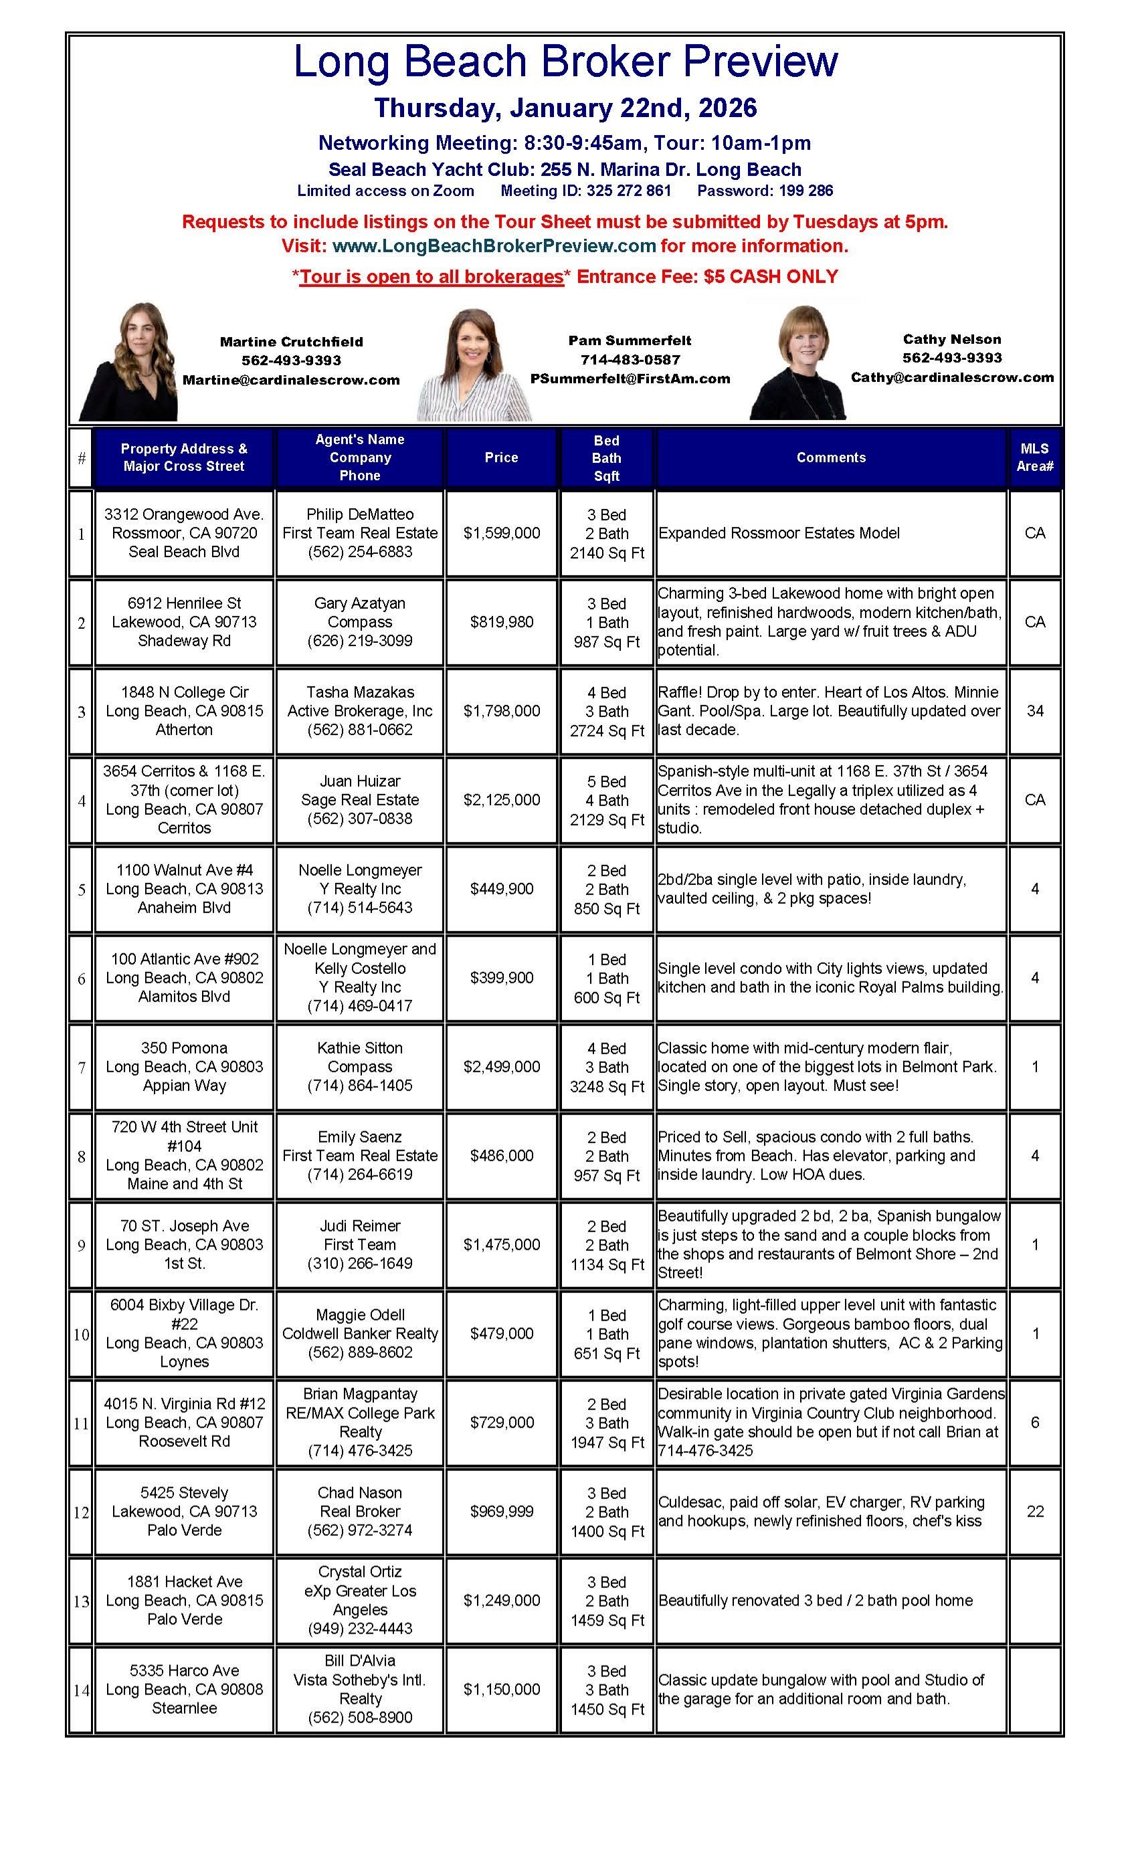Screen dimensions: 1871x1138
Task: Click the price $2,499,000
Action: click(x=501, y=1066)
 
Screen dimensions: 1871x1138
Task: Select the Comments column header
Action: click(x=830, y=457)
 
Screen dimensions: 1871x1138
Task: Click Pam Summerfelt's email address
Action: click(x=630, y=378)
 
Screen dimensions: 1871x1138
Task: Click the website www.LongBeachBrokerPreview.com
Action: click(x=494, y=245)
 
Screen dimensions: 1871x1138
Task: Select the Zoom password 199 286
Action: click(x=805, y=191)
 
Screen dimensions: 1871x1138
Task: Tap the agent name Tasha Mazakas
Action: click(x=360, y=692)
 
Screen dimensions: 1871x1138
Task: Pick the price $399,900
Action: click(x=501, y=977)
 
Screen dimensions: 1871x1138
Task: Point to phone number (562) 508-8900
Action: click(x=360, y=1717)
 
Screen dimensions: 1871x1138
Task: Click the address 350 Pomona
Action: click(x=184, y=1048)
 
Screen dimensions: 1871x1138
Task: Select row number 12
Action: click(x=82, y=1512)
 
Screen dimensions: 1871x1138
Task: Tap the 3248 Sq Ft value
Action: click(x=606, y=1086)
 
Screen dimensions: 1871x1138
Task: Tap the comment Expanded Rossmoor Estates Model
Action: click(x=779, y=533)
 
